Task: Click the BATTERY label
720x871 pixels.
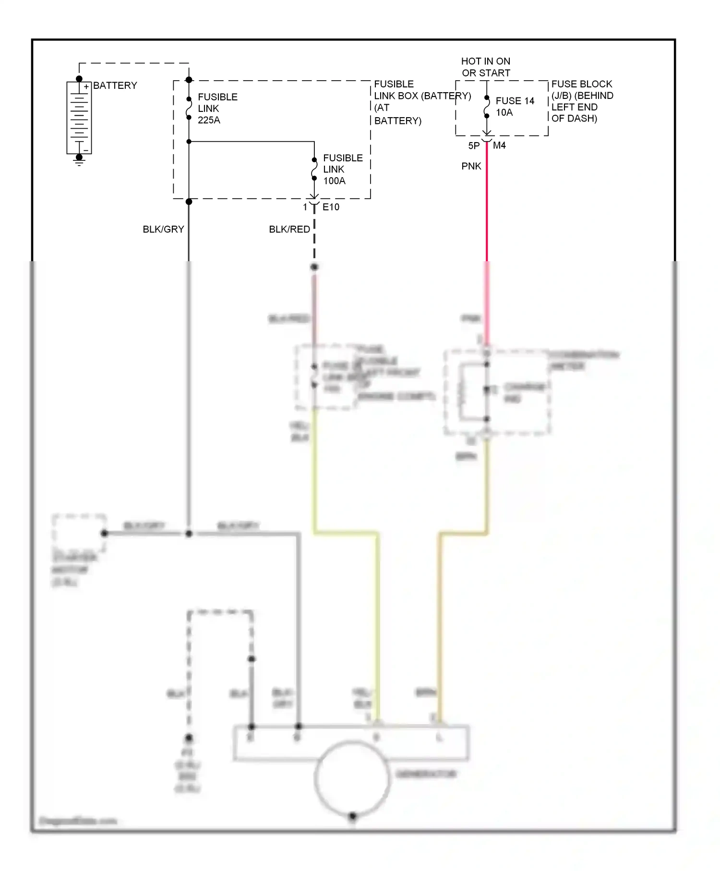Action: (x=115, y=85)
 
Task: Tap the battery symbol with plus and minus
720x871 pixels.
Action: (x=79, y=118)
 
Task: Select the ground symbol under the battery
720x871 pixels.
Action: (x=79, y=161)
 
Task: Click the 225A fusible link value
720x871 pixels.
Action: (x=209, y=120)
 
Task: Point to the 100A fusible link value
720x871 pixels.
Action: (x=334, y=181)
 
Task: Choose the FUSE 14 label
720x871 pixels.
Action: (x=515, y=101)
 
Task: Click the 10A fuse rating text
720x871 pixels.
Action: (x=504, y=112)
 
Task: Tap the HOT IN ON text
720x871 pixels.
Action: (x=485, y=61)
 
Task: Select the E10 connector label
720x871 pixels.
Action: (x=331, y=207)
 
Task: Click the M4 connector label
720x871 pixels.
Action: (x=499, y=145)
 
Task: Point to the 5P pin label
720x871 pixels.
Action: (x=474, y=146)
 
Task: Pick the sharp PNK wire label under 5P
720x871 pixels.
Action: (x=471, y=166)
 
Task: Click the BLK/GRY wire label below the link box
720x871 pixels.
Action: (x=163, y=230)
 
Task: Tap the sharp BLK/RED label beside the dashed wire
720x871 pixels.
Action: (x=289, y=230)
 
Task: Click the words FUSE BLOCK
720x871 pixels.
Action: (x=582, y=84)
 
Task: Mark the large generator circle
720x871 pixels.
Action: (x=351, y=777)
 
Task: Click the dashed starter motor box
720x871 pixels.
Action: (x=79, y=533)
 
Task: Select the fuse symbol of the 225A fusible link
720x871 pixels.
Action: (x=189, y=108)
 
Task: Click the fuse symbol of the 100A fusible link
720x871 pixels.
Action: (x=314, y=169)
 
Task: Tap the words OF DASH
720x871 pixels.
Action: (x=574, y=119)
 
